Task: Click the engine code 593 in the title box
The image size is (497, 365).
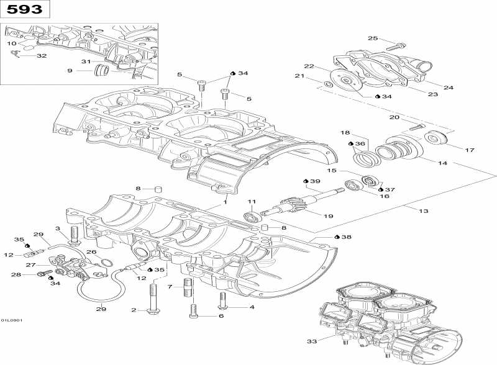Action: click(25, 10)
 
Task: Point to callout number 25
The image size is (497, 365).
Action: click(373, 38)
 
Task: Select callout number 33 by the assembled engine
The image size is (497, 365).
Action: click(311, 341)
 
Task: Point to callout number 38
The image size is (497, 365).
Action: click(346, 237)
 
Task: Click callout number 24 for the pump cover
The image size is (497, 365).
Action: click(448, 88)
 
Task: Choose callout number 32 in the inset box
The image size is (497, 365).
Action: click(41, 56)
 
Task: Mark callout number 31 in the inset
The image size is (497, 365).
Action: click(86, 61)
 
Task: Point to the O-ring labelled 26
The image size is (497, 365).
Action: click(106, 263)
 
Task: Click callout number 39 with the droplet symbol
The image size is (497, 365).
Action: click(315, 181)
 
